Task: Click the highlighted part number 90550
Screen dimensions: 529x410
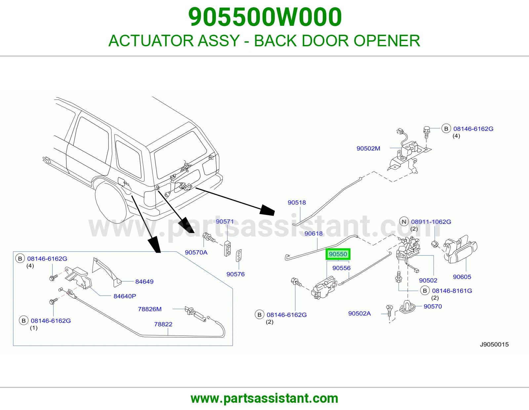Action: (x=338, y=254)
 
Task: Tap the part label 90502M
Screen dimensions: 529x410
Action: (x=368, y=148)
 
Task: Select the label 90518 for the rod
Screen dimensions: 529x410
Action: (x=297, y=203)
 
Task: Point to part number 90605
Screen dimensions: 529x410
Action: (x=462, y=277)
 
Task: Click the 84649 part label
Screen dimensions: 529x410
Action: (x=144, y=282)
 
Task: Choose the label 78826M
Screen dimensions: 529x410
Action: (x=150, y=309)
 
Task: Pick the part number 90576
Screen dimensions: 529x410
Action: (x=235, y=274)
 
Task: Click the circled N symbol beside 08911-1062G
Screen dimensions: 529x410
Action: (x=404, y=222)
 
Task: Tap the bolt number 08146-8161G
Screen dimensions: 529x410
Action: (x=452, y=291)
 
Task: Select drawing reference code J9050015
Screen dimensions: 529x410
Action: (x=494, y=345)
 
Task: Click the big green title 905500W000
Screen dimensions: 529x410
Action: (x=265, y=17)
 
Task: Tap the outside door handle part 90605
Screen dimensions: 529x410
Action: (x=460, y=250)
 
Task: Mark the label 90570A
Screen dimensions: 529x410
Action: (x=196, y=253)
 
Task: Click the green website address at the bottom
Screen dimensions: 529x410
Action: (x=264, y=398)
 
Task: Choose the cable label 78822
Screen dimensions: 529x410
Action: (x=163, y=324)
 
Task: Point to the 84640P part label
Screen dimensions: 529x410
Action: (x=125, y=296)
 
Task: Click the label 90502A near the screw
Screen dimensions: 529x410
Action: (x=360, y=313)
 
